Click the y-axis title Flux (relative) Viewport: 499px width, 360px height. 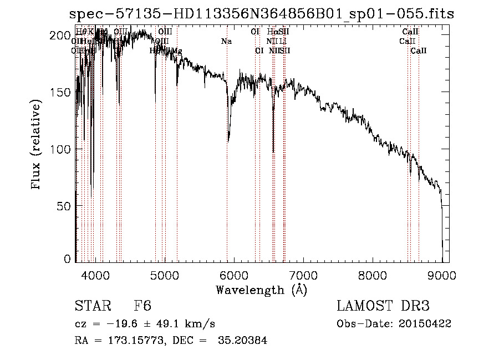37,145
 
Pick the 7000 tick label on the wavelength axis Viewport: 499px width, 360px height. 303,273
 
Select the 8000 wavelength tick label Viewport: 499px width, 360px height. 373,273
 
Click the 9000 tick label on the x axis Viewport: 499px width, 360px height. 442,273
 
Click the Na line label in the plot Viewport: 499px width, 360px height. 226,41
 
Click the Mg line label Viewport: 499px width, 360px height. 176,51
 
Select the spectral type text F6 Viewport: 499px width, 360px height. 142,306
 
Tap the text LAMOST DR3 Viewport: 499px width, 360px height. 383,306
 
